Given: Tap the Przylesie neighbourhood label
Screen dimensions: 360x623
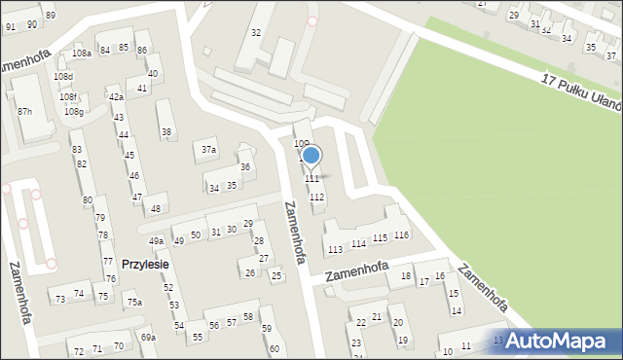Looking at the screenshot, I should tap(146, 264).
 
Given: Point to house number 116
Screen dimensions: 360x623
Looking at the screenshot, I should tap(401, 235).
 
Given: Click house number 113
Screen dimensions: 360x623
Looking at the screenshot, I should tap(335, 250).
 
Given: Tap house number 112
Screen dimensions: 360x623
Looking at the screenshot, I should tap(316, 198).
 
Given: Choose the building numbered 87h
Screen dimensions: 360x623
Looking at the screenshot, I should tap(24, 112).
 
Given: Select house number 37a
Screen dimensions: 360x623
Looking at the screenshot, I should tap(208, 150).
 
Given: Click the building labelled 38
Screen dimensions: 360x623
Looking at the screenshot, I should tap(166, 132).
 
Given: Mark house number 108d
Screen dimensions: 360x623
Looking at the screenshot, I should tap(63, 75).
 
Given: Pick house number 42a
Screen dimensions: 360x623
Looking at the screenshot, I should tap(116, 96).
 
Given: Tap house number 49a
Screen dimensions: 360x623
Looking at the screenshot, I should tap(156, 240).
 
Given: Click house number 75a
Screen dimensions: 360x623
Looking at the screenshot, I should tap(134, 303).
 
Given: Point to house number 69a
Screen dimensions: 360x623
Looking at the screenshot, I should tap(148, 337).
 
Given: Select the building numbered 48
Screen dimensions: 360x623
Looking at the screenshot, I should tap(156, 208).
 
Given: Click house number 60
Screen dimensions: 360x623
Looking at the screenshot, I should tap(275, 348).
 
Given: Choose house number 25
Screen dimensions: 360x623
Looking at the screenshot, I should tap(276, 277).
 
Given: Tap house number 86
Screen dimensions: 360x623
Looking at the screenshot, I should tap(142, 50).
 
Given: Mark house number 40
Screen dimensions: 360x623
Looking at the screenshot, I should tap(153, 73).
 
